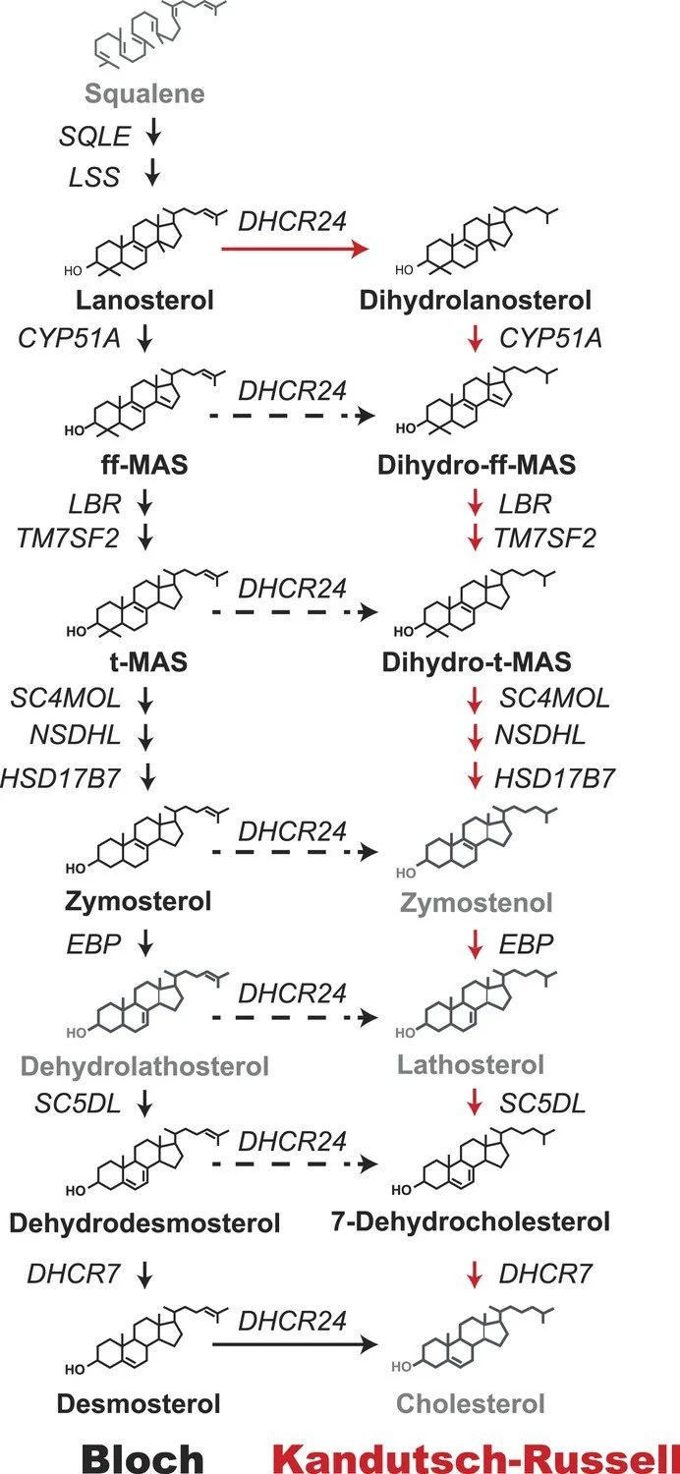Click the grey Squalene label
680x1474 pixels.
(144, 94)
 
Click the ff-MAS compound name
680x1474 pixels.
(144, 467)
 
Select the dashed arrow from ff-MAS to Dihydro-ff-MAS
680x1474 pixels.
(294, 417)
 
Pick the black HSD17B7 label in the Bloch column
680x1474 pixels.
(63, 778)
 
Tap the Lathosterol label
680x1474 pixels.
(471, 1064)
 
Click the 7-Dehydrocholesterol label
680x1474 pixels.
(471, 1221)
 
